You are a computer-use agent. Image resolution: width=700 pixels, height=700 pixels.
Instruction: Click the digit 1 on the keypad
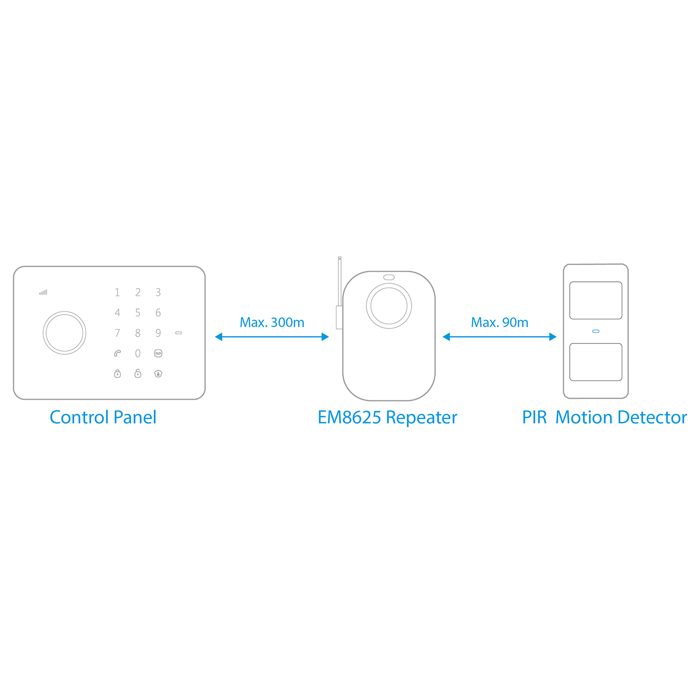coord(117,292)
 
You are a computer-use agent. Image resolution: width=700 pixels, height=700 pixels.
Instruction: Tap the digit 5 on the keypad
coord(138,312)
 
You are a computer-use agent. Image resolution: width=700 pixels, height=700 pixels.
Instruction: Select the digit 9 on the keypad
coord(158,333)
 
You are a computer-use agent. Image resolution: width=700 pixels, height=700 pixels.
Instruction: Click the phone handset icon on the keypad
coord(118,353)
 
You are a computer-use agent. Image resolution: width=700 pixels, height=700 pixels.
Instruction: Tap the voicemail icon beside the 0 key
coord(158,353)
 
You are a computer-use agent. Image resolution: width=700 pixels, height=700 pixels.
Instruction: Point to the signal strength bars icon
coord(43,293)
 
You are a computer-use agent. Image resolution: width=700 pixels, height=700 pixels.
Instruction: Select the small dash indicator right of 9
coord(179,333)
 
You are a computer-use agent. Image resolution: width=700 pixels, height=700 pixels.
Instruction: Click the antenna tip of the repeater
coord(340,258)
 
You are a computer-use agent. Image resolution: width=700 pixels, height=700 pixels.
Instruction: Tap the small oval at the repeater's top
coord(389,277)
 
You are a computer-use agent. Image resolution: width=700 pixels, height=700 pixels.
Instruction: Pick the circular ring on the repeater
coord(389,284)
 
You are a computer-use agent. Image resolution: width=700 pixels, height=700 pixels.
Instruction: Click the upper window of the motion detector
coord(596,301)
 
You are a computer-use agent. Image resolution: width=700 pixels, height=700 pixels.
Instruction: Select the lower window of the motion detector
coord(596,362)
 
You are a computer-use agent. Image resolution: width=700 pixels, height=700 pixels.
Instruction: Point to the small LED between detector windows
coord(596,331)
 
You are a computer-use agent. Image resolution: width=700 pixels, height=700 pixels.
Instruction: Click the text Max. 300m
coord(272,322)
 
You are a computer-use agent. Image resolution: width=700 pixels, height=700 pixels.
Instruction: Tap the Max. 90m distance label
coord(500,322)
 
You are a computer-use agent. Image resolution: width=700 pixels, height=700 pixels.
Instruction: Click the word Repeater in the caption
coord(422,418)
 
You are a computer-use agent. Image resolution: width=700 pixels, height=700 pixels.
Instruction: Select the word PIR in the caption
coord(534,417)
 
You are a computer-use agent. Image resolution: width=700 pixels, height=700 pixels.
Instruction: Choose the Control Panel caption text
coord(103,417)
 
